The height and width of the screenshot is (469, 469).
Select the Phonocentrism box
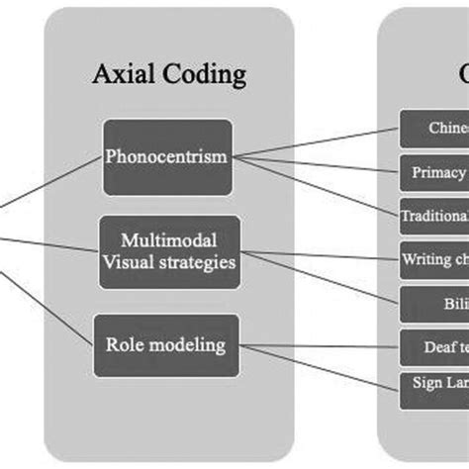pos(166,156)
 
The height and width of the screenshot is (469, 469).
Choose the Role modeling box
pos(166,345)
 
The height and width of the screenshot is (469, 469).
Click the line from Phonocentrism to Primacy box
pos(317,164)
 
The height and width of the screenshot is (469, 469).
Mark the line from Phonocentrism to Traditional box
pos(317,185)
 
